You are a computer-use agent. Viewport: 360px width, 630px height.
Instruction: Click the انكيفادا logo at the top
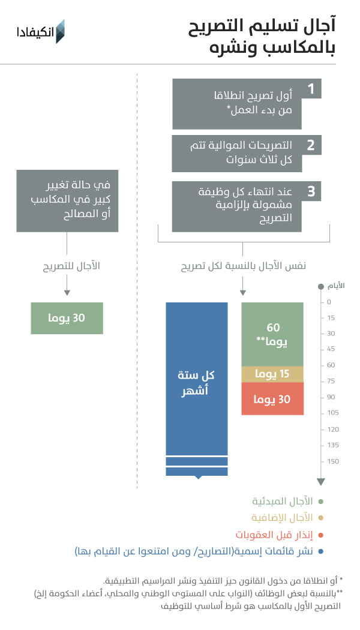pyautogui.click(x=41, y=31)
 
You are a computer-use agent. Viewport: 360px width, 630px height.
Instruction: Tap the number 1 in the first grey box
pyautogui.click(x=311, y=89)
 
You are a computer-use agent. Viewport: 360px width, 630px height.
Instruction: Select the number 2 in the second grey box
pyautogui.click(x=311, y=145)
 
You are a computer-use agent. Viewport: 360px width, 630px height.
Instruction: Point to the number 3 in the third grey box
pyautogui.click(x=311, y=191)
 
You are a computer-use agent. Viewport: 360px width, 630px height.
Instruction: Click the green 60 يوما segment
pyautogui.click(x=272, y=334)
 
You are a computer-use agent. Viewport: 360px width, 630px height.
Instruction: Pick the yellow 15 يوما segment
pyautogui.click(x=272, y=374)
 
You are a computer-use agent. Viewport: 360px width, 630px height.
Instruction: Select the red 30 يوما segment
pyautogui.click(x=272, y=398)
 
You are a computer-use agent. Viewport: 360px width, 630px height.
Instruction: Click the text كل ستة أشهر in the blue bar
pyautogui.click(x=196, y=383)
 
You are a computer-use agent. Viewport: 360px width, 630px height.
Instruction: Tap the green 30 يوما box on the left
pyautogui.click(x=67, y=318)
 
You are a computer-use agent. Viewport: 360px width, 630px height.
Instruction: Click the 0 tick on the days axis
pyautogui.click(x=329, y=302)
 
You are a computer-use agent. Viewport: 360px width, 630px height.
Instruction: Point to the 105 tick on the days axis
pyautogui.click(x=333, y=413)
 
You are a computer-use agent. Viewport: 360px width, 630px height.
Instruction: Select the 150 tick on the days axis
pyautogui.click(x=333, y=461)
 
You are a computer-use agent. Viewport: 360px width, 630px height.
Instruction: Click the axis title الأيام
pyautogui.click(x=336, y=286)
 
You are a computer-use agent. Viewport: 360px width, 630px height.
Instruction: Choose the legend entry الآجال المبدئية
pyautogui.click(x=283, y=502)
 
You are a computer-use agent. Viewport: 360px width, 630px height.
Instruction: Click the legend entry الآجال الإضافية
pyautogui.click(x=282, y=517)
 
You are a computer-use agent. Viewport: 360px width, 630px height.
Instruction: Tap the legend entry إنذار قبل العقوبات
pyautogui.click(x=274, y=535)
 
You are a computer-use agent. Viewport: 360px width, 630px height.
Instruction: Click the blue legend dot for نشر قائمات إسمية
pyautogui.click(x=320, y=551)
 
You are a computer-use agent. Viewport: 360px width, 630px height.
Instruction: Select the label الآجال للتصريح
pyautogui.click(x=71, y=266)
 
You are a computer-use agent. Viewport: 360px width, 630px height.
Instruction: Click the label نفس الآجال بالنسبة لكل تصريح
pyautogui.click(x=244, y=266)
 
